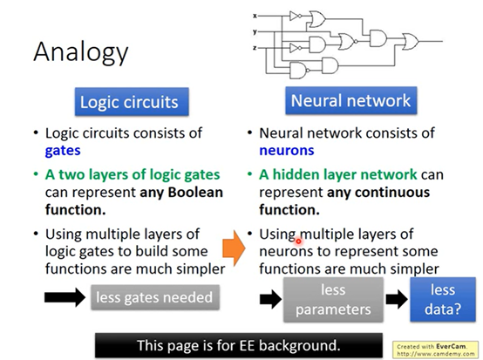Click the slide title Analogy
pos(81,52)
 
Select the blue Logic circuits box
pos(132,102)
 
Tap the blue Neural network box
pos(350,101)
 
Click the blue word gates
pos(63,151)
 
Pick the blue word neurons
pos(287,150)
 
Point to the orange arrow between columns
pos(235,248)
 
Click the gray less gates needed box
pos(155,297)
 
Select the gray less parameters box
pos(333,300)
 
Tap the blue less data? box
pos(443,300)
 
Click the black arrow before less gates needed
pos(65,297)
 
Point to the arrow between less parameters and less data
pos(397,299)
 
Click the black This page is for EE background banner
pos(239,345)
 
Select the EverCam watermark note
pos(435,350)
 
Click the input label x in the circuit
pos(255,16)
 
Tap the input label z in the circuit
pos(255,48)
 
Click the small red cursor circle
pos(298,241)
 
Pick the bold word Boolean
pos(195,192)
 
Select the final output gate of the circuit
pos(411,41)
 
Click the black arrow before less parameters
pos(271,299)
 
